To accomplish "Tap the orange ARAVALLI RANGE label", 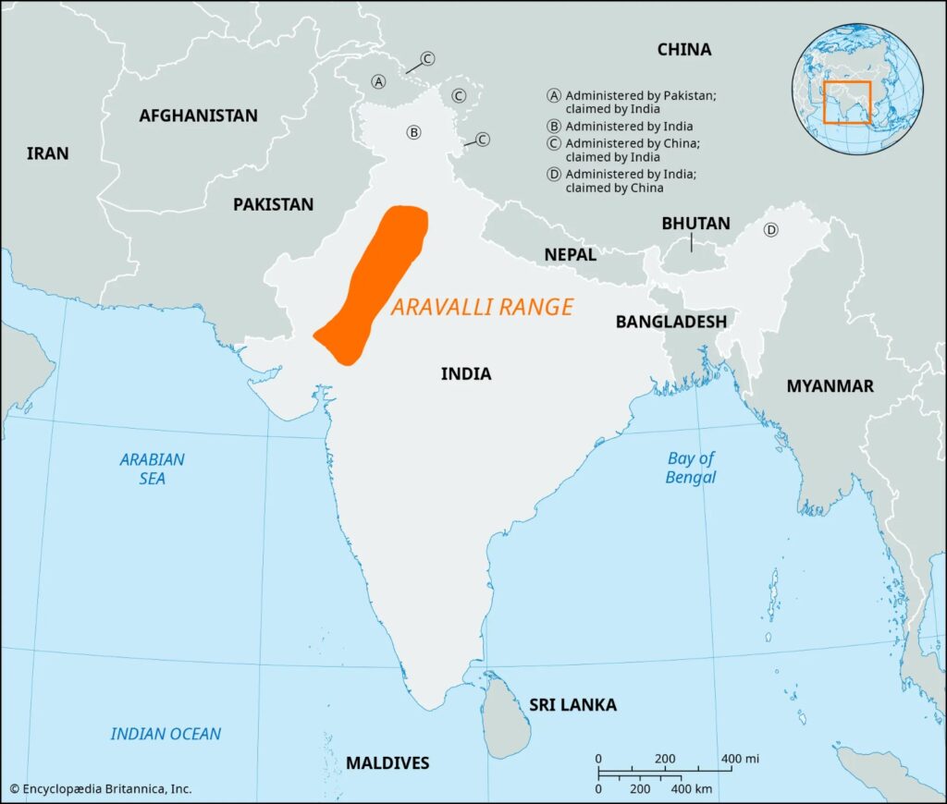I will (482, 307).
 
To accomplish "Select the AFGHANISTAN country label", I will (198, 116).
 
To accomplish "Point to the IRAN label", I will (47, 153).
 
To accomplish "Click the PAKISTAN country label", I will (273, 204).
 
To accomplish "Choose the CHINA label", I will (683, 49).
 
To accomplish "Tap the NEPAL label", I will (570, 253).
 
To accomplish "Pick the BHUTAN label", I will (695, 224).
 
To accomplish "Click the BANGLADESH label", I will (670, 321).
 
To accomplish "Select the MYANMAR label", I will (830, 386).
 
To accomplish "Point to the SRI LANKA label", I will (572, 705).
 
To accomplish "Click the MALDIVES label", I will (387, 762).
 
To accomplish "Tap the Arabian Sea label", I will (152, 469).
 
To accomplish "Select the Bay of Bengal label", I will (691, 468).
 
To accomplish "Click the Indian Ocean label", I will (166, 734).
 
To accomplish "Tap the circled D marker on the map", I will (770, 230).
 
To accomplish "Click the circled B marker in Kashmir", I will (414, 132).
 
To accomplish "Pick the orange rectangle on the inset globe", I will (847, 102).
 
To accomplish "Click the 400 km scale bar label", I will (692, 789).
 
